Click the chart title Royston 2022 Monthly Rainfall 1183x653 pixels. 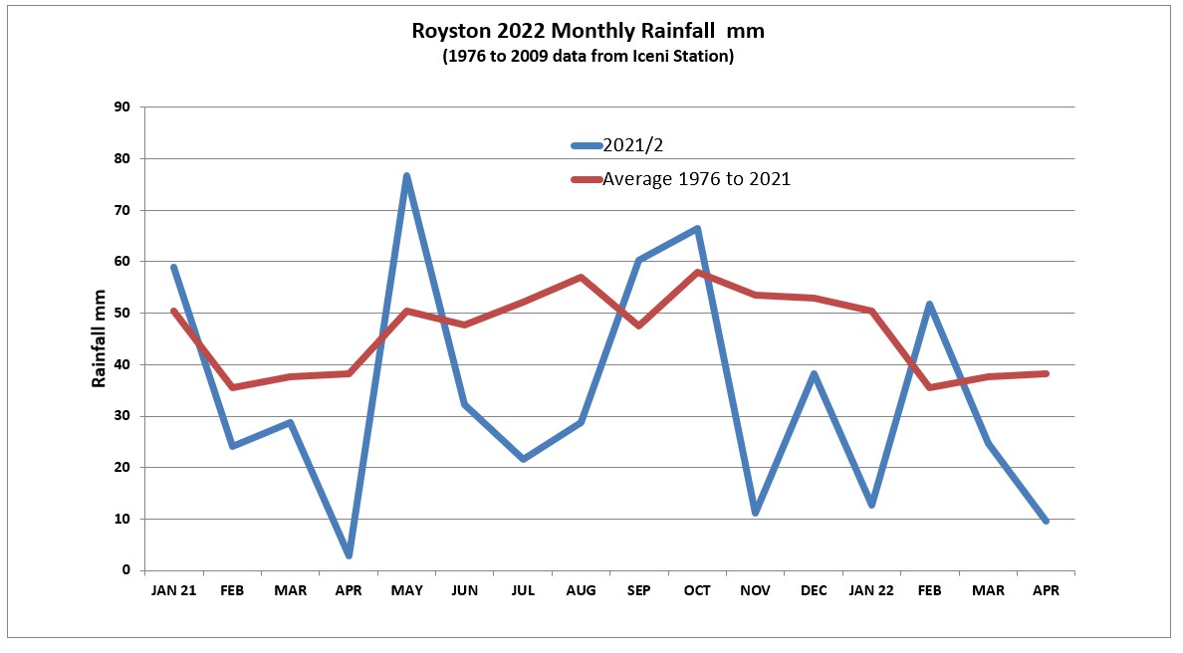pyautogui.click(x=588, y=32)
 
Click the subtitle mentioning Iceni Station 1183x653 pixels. pyautogui.click(x=588, y=57)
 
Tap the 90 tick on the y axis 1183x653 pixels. pyautogui.click(x=123, y=107)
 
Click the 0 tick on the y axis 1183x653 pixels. pyautogui.click(x=127, y=570)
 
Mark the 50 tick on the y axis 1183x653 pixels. pyautogui.click(x=123, y=313)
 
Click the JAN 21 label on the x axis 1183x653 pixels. pyautogui.click(x=173, y=590)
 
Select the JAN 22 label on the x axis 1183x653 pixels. pyautogui.click(x=871, y=590)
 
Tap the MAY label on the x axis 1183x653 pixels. pyautogui.click(x=406, y=590)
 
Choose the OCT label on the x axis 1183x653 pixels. pyautogui.click(x=697, y=590)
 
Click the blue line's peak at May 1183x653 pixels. pyautogui.click(x=406, y=176)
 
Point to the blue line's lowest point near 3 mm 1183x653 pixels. pyautogui.click(x=349, y=555)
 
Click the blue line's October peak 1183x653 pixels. pyautogui.click(x=697, y=229)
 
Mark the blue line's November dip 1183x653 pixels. pyautogui.click(x=755, y=513)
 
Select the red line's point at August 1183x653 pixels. pyautogui.click(x=581, y=277)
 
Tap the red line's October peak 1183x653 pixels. pyautogui.click(x=697, y=272)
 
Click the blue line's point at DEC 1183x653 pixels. pyautogui.click(x=814, y=374)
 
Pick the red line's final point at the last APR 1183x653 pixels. pyautogui.click(x=1046, y=373)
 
